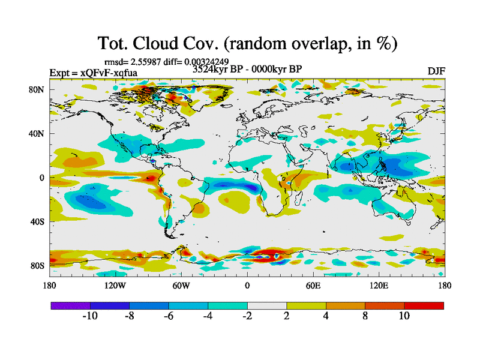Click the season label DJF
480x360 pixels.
tap(436, 71)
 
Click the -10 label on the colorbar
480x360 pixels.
tap(90, 316)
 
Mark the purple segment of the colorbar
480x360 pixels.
tap(70, 305)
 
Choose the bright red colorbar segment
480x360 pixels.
tap(424, 305)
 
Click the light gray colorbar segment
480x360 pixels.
tap(267, 305)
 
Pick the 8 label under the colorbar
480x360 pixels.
tap(365, 316)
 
